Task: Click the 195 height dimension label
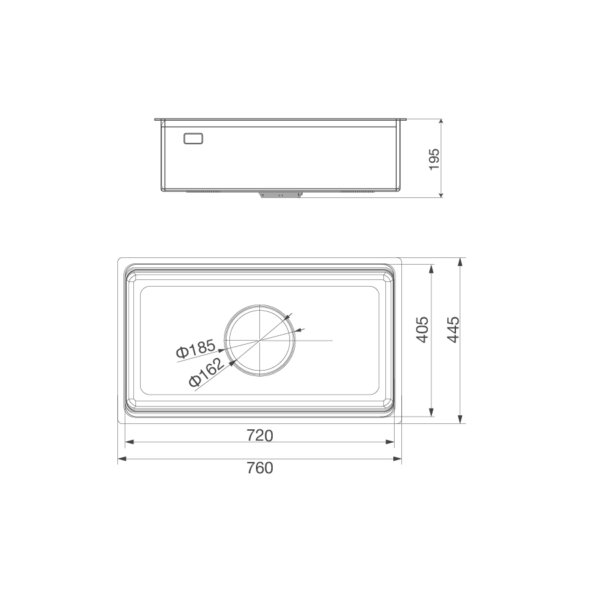[x=434, y=159]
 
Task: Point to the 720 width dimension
[x=260, y=435]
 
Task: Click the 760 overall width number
[x=260, y=468]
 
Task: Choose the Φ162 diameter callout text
[x=205, y=371]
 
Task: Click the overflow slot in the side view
[x=193, y=139]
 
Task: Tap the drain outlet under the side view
[x=280, y=195]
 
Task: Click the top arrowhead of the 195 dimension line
[x=441, y=123]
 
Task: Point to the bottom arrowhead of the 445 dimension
[x=461, y=420]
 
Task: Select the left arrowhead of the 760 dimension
[x=121, y=459]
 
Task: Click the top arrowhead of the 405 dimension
[x=432, y=268]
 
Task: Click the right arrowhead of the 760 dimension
[x=399, y=459]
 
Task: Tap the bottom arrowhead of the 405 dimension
[x=432, y=413]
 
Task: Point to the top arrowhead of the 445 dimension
[x=461, y=261]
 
